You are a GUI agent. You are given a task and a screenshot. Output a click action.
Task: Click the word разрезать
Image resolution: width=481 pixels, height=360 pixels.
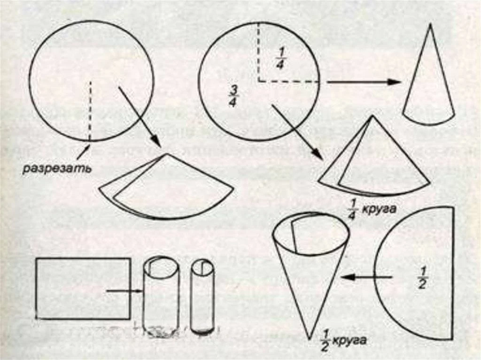(57, 169)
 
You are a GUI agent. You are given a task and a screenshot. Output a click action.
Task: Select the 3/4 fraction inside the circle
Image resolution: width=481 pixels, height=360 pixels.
(233, 96)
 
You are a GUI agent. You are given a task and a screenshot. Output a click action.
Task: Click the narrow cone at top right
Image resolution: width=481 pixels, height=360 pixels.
(428, 75)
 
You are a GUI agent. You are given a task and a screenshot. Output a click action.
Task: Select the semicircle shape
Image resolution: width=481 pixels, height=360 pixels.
(453, 273)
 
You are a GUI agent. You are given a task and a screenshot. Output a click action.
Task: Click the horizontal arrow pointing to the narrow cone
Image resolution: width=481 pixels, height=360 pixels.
(364, 82)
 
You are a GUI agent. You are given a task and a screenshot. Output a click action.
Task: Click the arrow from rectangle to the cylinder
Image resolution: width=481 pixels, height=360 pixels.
(124, 291)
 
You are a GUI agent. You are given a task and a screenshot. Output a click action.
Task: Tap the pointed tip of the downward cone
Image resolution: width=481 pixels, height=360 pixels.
(310, 339)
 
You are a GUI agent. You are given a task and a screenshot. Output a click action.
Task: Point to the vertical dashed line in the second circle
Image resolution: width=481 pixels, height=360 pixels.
(259, 52)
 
